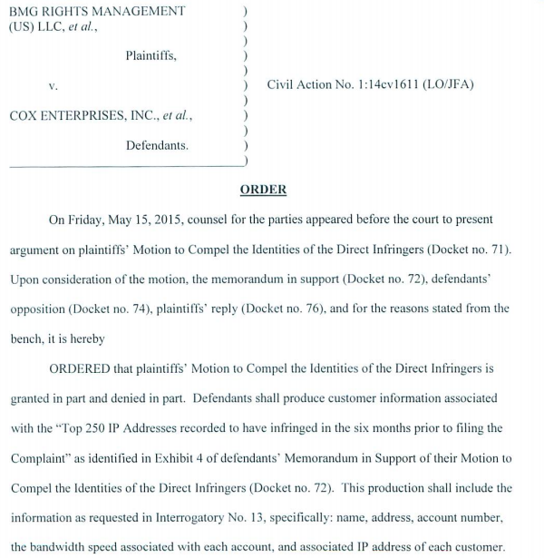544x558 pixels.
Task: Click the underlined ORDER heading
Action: [x=263, y=190]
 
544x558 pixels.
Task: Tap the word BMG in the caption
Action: [x=24, y=11]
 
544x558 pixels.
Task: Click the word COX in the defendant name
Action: [x=24, y=116]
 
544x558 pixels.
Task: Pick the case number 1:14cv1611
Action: [x=393, y=85]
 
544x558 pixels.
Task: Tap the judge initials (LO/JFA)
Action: [x=452, y=85]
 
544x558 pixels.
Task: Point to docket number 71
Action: [x=497, y=250]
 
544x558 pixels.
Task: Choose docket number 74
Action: [x=146, y=308]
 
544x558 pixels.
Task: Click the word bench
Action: [x=27, y=338]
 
